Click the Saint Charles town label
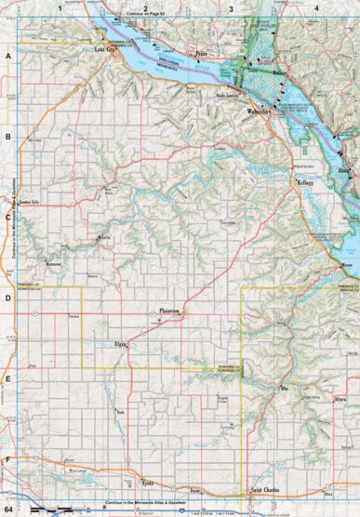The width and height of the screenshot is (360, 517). (x=267, y=489)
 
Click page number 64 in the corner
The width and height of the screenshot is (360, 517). (x=8, y=509)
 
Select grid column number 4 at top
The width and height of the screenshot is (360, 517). (x=316, y=8)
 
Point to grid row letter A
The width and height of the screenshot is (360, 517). (x=7, y=57)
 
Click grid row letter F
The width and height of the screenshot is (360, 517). (x=7, y=460)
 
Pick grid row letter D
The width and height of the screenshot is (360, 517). (x=7, y=299)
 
